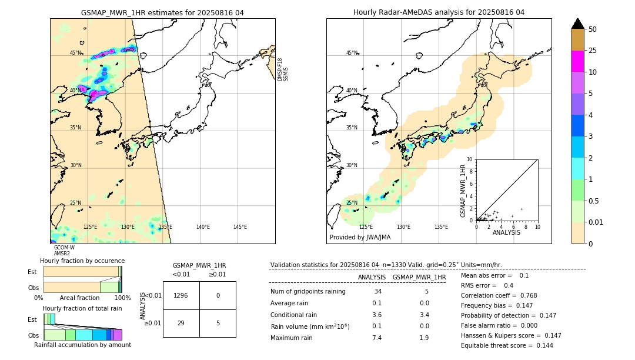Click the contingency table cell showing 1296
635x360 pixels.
coord(181,296)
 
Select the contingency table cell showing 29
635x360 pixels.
coord(181,323)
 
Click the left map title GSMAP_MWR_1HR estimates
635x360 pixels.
coord(162,12)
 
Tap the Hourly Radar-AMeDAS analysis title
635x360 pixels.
coord(439,12)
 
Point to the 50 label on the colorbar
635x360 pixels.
coord(593,29)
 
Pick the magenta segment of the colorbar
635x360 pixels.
coord(577,61)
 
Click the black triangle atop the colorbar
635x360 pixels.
coord(577,24)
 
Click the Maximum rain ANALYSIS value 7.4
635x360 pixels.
coord(377,338)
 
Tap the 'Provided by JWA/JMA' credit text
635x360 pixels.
coord(360,238)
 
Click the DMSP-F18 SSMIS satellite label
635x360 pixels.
coord(283,69)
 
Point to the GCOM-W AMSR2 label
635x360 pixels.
coord(63,251)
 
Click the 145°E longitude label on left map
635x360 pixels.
coord(240,227)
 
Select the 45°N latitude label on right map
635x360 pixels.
coord(352,53)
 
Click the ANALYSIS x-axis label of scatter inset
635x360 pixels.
coord(506,232)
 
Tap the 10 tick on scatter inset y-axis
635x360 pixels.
coord(470,159)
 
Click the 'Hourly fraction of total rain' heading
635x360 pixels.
coord(82,308)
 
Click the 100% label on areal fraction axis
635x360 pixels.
coord(122,298)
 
